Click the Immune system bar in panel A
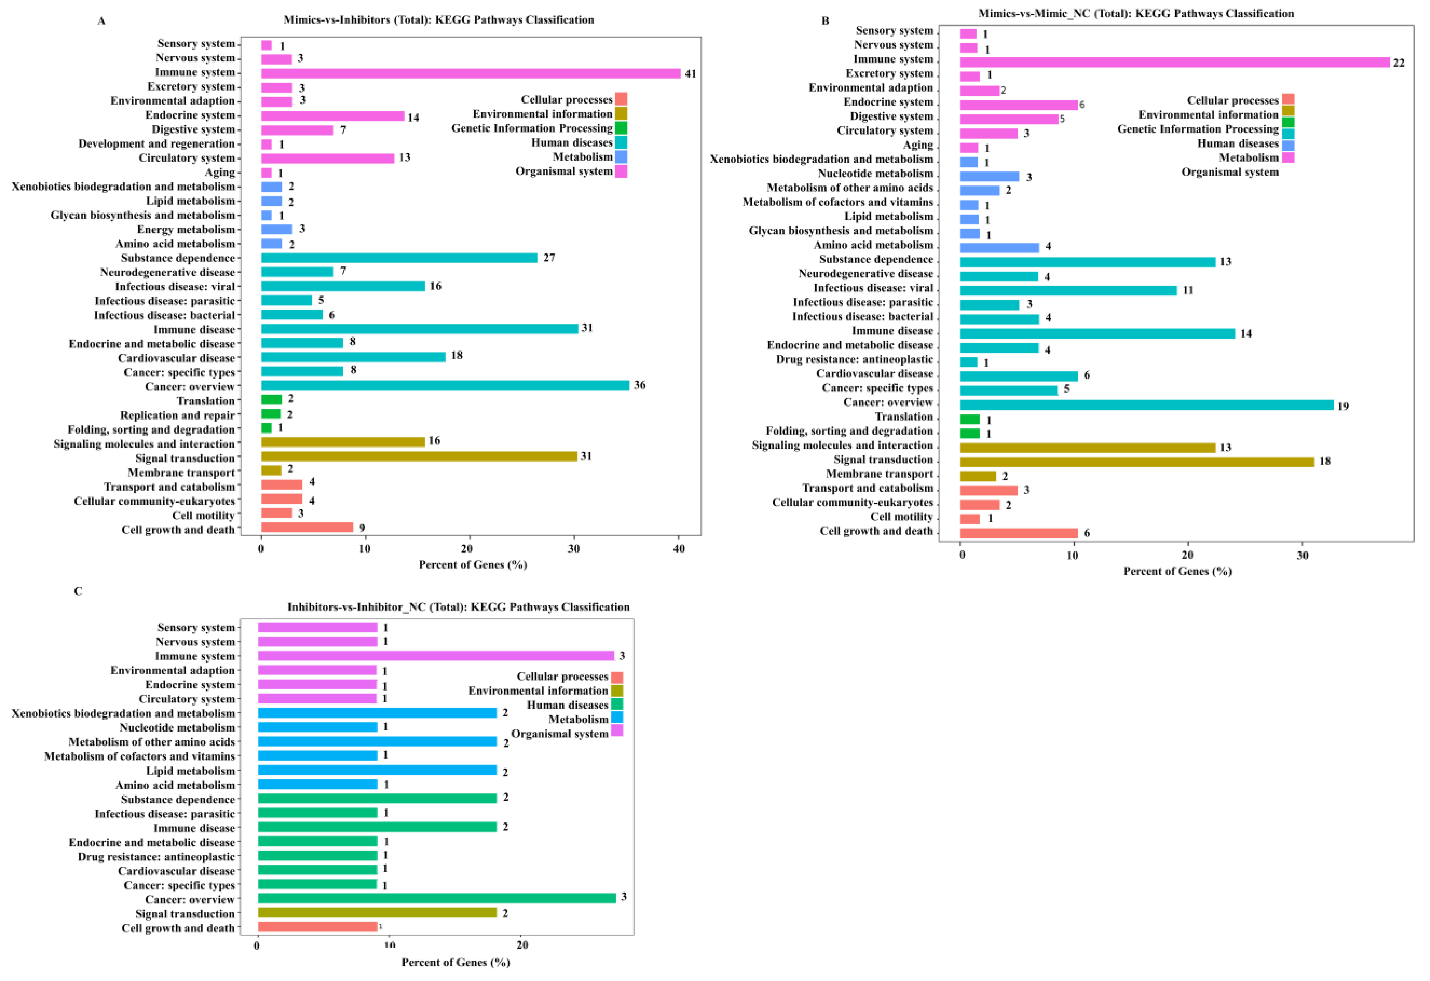click(x=471, y=74)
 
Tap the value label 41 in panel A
click(x=690, y=74)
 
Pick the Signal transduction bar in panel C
click(x=377, y=913)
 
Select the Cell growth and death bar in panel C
click(x=317, y=927)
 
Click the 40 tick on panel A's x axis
click(x=679, y=549)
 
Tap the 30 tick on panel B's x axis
click(x=1303, y=555)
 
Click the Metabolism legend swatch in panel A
click(x=621, y=157)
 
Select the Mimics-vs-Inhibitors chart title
click(x=439, y=20)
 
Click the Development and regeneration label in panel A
click(x=156, y=144)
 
